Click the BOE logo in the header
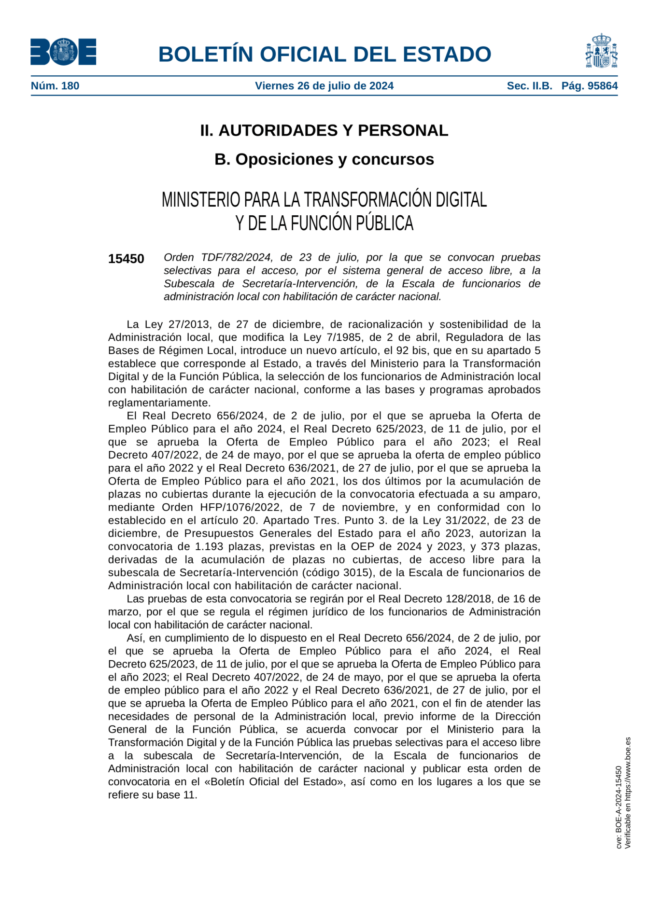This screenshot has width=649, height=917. click(63, 52)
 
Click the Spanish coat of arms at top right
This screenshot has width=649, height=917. click(601, 51)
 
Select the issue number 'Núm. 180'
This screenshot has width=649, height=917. click(55, 86)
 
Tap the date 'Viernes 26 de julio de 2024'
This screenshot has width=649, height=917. click(324, 86)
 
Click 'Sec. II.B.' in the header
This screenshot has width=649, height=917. click(529, 86)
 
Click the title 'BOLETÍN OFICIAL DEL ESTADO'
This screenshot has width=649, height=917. click(324, 54)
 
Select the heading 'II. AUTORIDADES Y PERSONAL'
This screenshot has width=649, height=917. click(324, 130)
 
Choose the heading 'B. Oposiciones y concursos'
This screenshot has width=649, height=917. click(324, 159)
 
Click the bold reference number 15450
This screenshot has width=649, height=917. click(126, 259)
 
